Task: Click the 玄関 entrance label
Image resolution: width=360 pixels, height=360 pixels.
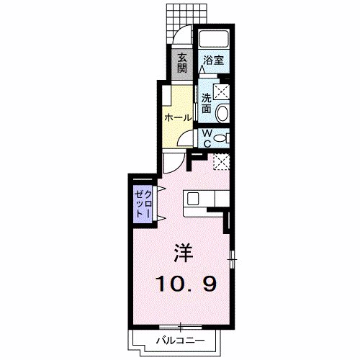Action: click(x=182, y=63)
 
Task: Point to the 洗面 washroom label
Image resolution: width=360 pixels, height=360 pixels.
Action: click(x=206, y=104)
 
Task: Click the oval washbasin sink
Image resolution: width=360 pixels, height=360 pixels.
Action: click(x=222, y=112)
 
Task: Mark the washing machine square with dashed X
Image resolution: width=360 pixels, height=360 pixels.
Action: click(x=222, y=91)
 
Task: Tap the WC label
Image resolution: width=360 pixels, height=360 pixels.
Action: click(x=205, y=138)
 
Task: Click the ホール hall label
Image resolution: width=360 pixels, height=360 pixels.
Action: click(x=177, y=117)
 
